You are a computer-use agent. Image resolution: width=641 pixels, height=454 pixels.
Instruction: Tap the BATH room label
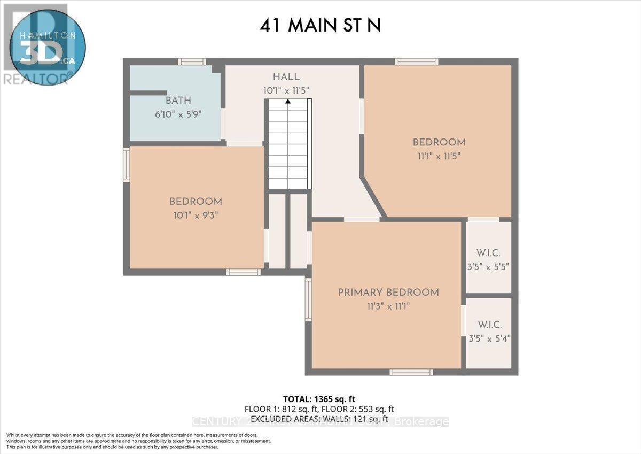click(178, 101)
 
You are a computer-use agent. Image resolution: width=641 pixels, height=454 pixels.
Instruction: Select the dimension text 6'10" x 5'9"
click(178, 114)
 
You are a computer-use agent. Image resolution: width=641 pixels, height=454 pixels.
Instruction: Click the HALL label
click(286, 77)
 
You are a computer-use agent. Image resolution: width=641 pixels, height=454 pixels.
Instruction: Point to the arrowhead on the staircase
click(288, 101)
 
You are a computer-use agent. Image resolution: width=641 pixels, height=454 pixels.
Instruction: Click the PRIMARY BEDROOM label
click(388, 293)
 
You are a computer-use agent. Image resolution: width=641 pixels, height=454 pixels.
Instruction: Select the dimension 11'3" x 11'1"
click(388, 306)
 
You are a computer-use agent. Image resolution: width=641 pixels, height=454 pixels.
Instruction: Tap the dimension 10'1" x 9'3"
click(196, 216)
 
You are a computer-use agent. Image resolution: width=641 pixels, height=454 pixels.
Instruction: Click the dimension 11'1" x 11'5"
click(439, 156)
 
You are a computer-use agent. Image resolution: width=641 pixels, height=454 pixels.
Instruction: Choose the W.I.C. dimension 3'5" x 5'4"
click(488, 338)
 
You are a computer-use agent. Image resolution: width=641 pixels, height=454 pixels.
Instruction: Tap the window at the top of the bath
click(192, 61)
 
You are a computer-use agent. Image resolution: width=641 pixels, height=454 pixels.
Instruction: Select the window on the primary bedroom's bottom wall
click(411, 372)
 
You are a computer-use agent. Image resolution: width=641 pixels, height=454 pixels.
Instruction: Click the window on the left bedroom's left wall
click(127, 165)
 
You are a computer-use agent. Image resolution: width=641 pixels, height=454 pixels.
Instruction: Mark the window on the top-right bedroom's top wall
click(417, 61)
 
